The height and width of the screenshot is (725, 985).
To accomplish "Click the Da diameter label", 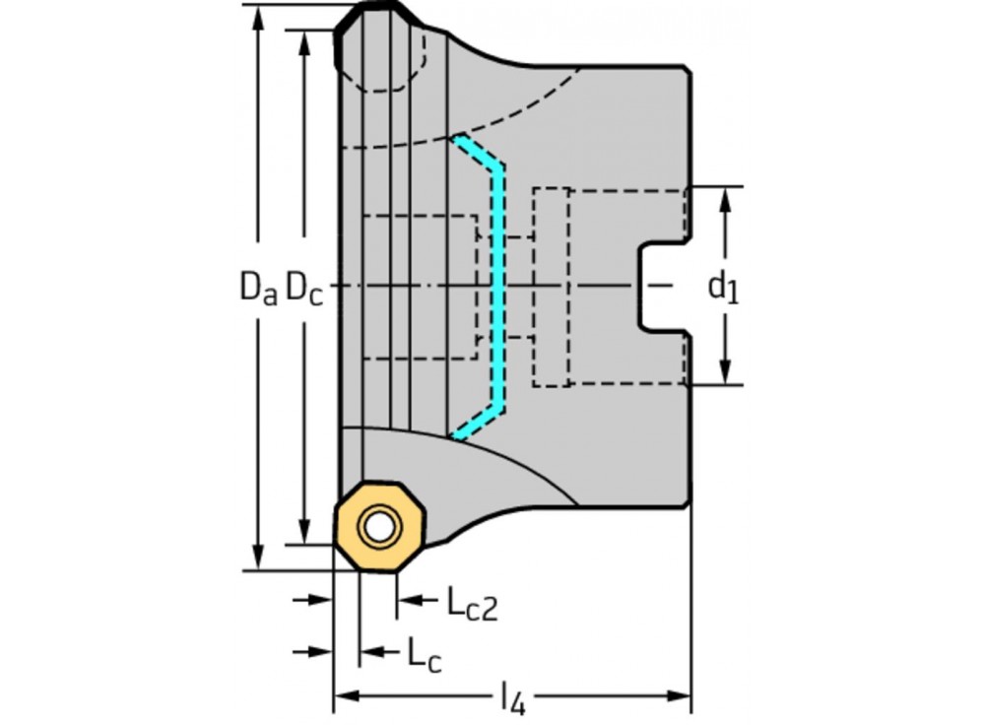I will (x=258, y=287).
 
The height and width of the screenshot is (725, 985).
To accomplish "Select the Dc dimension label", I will (x=303, y=287).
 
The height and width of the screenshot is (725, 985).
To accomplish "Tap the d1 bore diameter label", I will (x=724, y=287).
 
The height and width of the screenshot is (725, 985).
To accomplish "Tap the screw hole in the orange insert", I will (x=376, y=527).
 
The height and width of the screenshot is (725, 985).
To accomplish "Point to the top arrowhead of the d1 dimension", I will (x=726, y=196).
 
